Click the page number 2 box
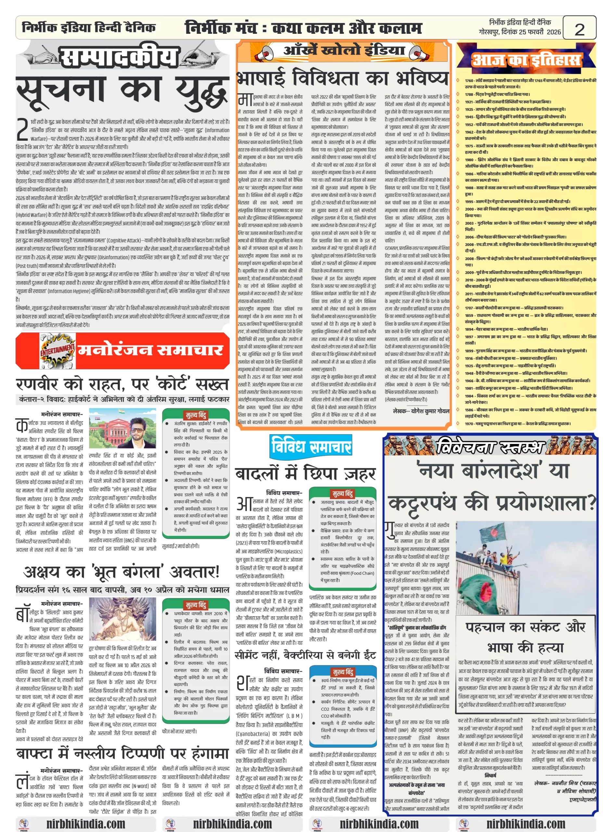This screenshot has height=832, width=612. click(x=579, y=28)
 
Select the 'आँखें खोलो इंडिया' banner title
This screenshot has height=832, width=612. click(x=344, y=50)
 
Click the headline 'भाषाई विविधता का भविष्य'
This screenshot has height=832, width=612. click(x=343, y=78)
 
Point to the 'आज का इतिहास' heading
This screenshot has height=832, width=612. click(x=526, y=59)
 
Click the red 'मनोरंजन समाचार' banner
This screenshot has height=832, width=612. click(x=150, y=350)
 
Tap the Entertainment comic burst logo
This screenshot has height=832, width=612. click(x=57, y=350)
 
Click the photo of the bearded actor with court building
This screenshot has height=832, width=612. click(x=122, y=428)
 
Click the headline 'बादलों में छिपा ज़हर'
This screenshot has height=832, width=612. click(x=305, y=474)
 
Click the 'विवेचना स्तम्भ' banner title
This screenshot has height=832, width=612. click(x=491, y=447)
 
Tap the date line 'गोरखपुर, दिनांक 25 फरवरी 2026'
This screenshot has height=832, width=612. click(x=519, y=32)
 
